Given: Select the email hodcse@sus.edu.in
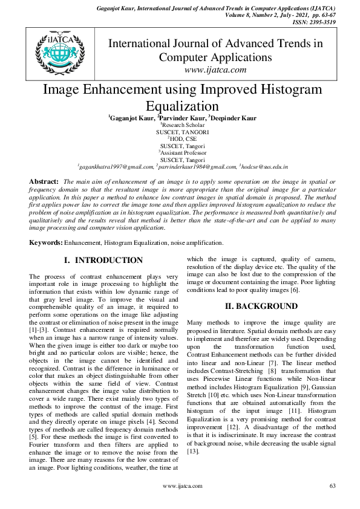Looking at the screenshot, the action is (264, 165).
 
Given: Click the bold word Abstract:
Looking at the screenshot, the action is (44, 181).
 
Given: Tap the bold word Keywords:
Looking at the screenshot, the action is (47, 242).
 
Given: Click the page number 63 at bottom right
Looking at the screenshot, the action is (332, 485).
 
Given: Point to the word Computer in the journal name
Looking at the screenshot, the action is (185, 57).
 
